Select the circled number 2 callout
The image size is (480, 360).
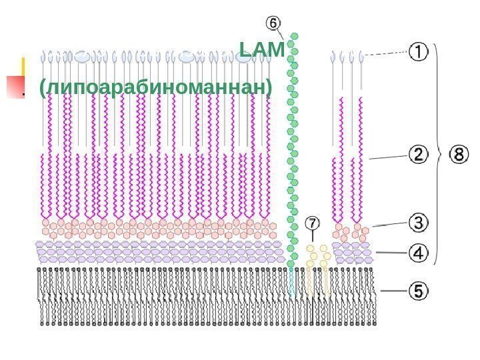[x=418, y=155]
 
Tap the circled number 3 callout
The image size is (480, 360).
[x=418, y=221]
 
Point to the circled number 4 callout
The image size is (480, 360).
[x=418, y=253]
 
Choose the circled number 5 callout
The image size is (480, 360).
[x=418, y=291]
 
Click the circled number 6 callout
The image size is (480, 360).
[x=273, y=22]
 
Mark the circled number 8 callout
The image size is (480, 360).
[x=459, y=155]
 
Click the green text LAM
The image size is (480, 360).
[x=261, y=49]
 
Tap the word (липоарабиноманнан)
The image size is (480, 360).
[x=156, y=87]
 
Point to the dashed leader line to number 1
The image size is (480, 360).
[x=385, y=53]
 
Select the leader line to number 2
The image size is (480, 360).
[x=387, y=157]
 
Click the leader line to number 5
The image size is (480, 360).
[x=393, y=291]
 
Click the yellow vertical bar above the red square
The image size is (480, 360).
[x=23, y=66]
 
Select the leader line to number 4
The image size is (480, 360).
[x=390, y=253]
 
